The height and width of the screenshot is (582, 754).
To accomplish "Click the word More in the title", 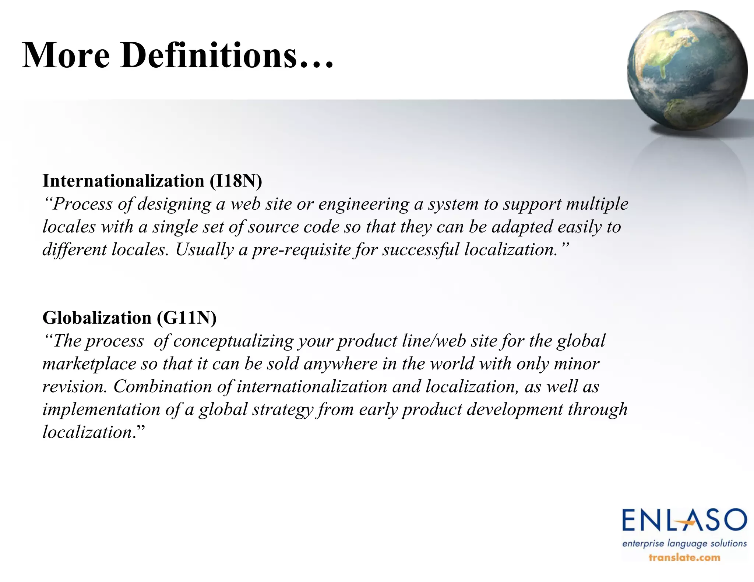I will point(66,55).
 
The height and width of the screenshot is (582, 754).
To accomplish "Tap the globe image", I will point(687,70).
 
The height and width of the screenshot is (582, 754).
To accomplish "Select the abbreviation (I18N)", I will point(236,181).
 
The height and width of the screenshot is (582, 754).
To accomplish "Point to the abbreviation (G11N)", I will point(187,317).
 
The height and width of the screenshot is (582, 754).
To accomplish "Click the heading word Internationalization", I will point(123,181).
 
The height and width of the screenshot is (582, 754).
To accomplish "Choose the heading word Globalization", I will point(97,317).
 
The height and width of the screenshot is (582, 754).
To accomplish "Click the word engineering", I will point(364,205).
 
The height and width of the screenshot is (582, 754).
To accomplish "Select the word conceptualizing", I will point(233,341).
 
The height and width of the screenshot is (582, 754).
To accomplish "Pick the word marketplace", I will point(89,364).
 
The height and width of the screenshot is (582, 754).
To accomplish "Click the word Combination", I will point(162,387).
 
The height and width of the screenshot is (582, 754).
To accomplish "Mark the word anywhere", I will point(341,364).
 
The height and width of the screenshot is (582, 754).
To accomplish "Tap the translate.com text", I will point(684,557).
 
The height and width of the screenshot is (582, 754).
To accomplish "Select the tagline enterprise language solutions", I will point(684,543).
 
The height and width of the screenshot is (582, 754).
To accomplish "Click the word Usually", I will point(204,250).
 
